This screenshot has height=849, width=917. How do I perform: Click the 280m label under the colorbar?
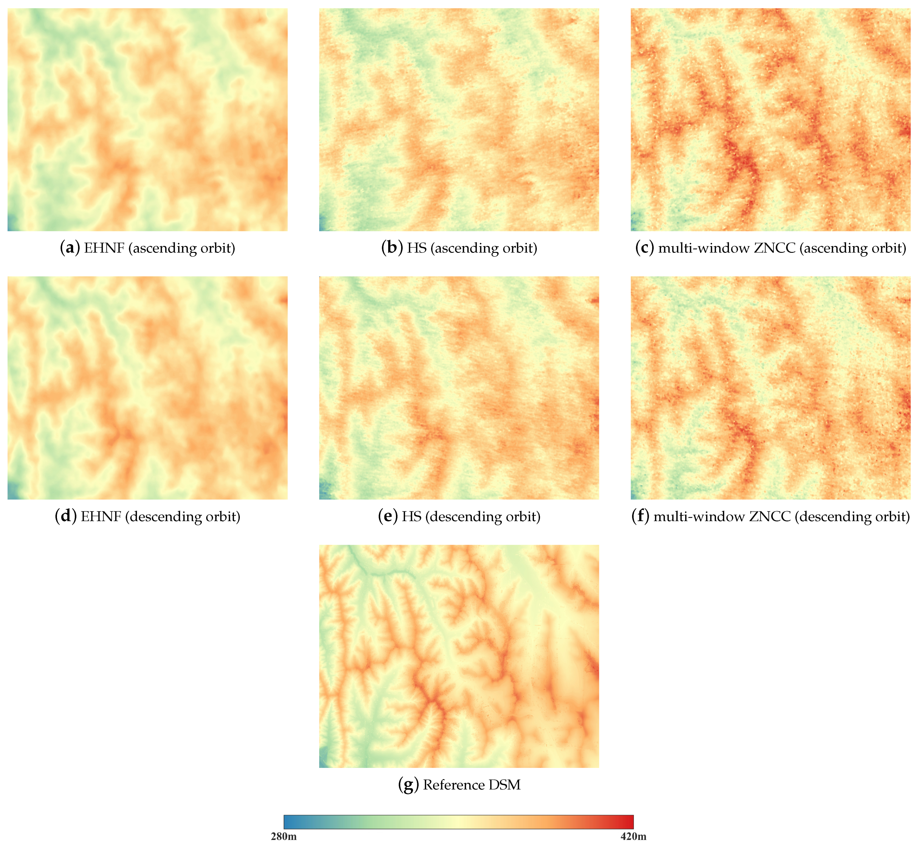click(284, 836)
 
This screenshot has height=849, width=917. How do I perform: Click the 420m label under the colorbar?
click(633, 836)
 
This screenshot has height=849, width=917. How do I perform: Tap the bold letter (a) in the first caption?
click(70, 248)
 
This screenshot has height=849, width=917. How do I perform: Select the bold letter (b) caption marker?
click(391, 248)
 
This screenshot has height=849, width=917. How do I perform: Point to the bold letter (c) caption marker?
click(645, 248)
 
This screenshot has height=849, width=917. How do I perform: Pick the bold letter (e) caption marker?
click(388, 516)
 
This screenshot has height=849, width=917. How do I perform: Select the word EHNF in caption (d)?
click(101, 516)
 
